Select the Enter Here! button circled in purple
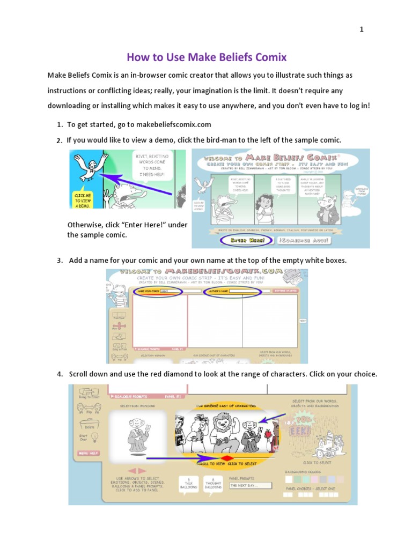coord(247,241)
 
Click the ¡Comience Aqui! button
coord(304,241)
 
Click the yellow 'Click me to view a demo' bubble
coord(82,199)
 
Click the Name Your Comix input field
coord(180,291)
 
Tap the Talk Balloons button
coord(187,484)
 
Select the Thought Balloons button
coord(213,484)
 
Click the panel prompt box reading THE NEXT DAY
coord(250,486)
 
